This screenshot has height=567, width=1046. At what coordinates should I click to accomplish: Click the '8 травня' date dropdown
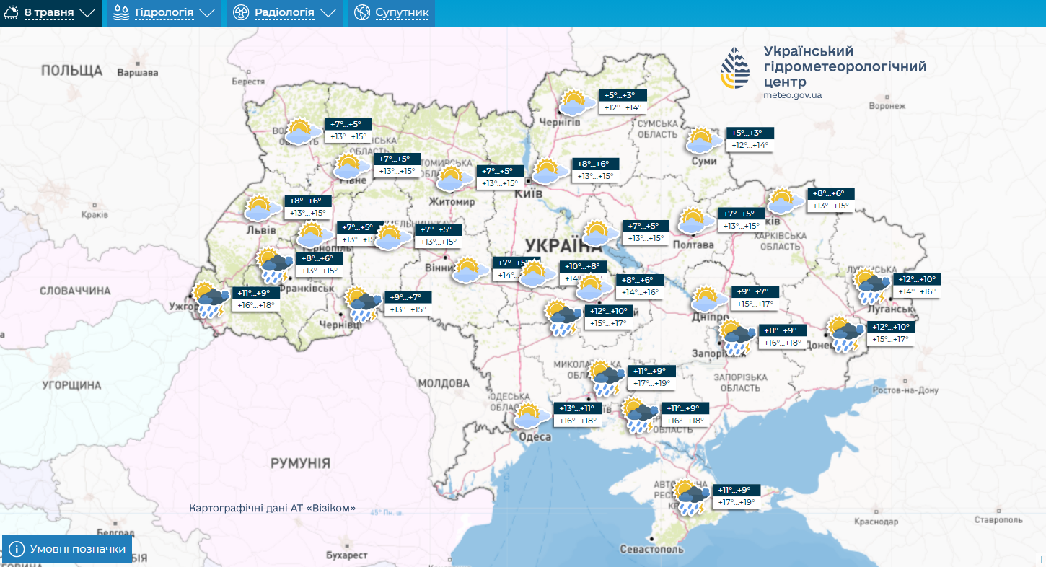coord(50,13)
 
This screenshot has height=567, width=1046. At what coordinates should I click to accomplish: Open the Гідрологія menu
coord(164,13)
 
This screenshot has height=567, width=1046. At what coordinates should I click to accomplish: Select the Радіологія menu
coord(284,13)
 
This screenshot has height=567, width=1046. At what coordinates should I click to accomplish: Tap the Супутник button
coord(392,13)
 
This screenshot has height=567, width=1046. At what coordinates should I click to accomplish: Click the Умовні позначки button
coord(68,549)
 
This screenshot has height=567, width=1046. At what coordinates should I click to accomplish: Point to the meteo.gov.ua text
coord(792,95)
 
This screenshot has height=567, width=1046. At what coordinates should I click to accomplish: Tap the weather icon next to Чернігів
coord(574,102)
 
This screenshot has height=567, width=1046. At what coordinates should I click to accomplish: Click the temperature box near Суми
coord(750,139)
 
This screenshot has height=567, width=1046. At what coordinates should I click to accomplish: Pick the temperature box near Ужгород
coord(256,299)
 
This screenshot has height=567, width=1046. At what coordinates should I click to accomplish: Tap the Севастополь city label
coord(651,550)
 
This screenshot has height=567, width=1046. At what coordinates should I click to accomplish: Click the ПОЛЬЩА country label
coord(71,70)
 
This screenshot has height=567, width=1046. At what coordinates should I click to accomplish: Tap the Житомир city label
coord(452,202)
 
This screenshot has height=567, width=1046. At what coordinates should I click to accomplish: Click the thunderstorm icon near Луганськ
coord(871,286)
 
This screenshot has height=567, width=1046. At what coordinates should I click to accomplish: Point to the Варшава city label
coord(137,73)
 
